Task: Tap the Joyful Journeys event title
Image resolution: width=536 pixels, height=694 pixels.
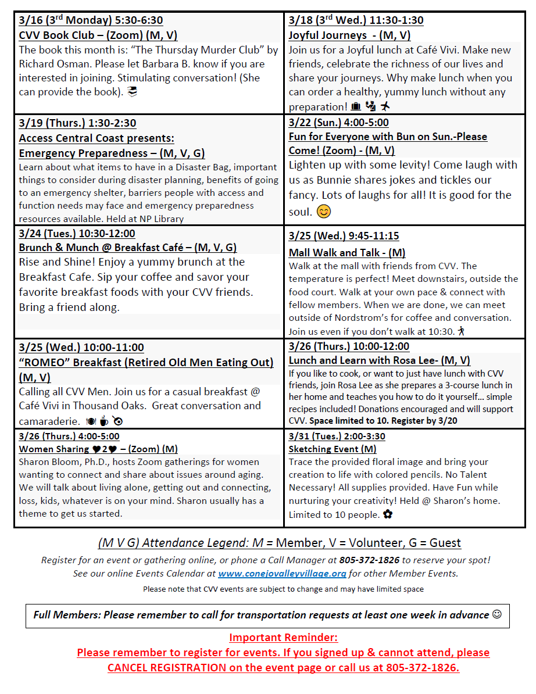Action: coord(349,35)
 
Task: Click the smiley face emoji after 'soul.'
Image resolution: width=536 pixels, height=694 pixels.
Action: coord(324,212)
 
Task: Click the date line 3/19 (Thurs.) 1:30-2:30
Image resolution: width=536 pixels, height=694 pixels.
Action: coord(77,123)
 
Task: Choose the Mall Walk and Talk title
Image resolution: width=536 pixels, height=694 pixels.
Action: coord(347,253)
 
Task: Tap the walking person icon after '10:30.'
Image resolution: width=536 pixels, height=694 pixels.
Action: coord(462,331)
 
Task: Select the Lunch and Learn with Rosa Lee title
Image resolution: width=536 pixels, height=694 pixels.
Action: coord(379,360)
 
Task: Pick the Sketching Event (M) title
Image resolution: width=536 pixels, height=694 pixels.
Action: coord(333,449)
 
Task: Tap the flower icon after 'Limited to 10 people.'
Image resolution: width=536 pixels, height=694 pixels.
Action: coord(388,514)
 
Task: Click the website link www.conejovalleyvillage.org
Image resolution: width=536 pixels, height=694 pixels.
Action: coord(282,574)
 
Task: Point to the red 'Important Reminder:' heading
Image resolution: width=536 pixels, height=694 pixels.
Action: coord(283,637)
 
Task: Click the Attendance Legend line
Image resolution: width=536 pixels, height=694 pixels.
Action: coord(280,543)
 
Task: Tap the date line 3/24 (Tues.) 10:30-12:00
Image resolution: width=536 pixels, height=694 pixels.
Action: coord(77,234)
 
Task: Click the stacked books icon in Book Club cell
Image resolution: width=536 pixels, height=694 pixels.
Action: coord(133,92)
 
